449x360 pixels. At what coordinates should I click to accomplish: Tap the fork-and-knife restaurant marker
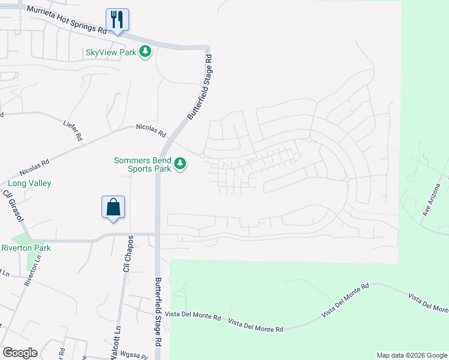coord(116,20)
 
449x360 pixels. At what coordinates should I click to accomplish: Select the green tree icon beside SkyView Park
coord(145,52)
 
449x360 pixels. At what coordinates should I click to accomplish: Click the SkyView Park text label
coord(111,52)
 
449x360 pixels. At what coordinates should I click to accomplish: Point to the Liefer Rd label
coord(72,130)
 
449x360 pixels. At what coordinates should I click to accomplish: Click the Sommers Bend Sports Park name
coord(143,164)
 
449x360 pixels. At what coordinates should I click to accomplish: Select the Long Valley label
coord(29,184)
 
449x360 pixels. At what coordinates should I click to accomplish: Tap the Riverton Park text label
coord(26,248)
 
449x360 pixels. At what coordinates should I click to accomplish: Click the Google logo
coord(20,353)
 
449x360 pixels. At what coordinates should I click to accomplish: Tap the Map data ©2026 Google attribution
coord(412,355)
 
